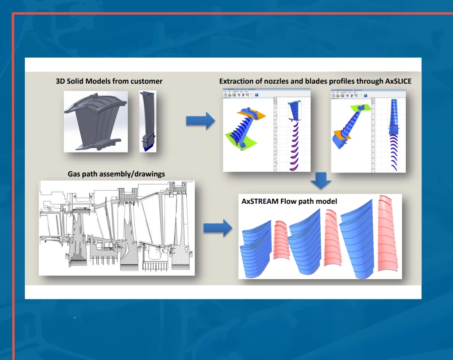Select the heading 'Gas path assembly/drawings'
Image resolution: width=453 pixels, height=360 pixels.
click(x=116, y=173)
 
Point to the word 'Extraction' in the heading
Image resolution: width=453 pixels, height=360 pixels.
click(x=236, y=81)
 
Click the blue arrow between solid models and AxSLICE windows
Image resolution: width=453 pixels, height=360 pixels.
click(x=200, y=121)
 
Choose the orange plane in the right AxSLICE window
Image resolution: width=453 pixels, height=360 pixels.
click(x=340, y=136)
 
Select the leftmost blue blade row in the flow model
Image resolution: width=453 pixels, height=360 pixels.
click(x=255, y=248)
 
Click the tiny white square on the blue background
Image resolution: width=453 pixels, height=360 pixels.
click(x=75, y=317)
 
